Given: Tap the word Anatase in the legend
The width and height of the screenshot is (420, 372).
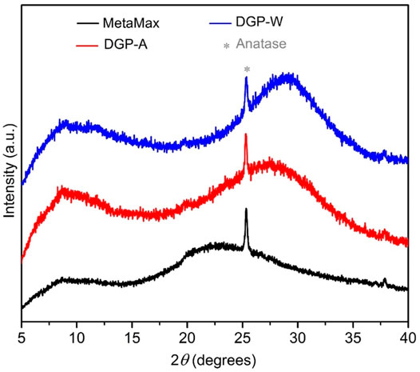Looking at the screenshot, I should (x=293, y=45).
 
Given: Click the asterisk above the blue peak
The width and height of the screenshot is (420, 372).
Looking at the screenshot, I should (x=247, y=71).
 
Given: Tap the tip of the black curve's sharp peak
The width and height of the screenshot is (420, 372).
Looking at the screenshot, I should (x=246, y=210).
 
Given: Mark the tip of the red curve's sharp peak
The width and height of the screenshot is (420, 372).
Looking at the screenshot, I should (x=246, y=135).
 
